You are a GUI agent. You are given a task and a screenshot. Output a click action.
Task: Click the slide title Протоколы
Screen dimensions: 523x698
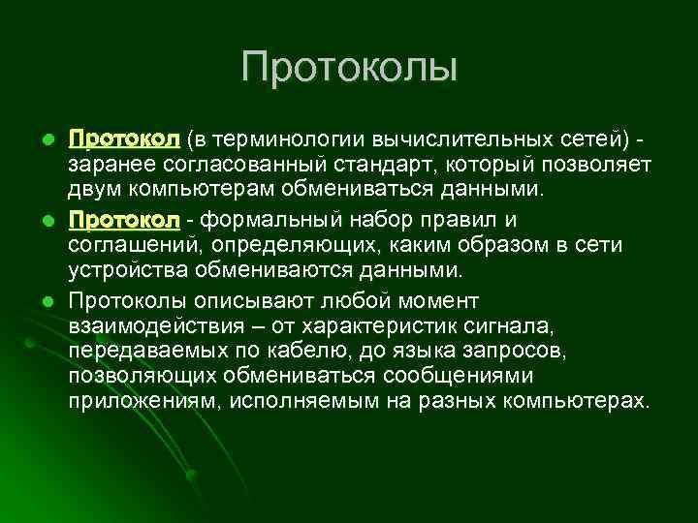(x=349, y=68)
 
